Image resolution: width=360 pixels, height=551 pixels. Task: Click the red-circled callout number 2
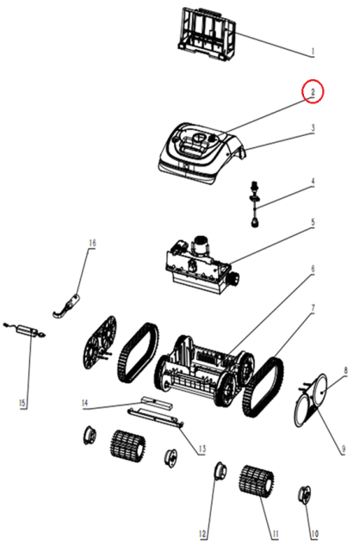312,92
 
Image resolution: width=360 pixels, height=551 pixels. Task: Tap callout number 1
312,52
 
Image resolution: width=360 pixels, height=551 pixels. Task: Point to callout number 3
313,128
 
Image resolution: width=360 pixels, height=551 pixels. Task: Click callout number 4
313,182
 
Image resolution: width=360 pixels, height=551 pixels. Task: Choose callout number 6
312,269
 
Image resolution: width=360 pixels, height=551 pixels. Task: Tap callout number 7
312,308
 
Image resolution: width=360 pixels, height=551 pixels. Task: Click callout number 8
345,370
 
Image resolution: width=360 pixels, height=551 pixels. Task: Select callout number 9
344,449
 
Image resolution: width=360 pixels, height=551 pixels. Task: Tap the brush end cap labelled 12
220,472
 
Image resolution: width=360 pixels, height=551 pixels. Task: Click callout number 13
202,449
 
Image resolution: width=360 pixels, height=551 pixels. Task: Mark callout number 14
84,403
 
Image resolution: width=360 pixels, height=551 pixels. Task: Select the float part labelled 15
25,331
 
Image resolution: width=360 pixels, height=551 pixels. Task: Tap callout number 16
92,243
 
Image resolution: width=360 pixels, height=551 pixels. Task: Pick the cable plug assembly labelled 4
254,204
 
